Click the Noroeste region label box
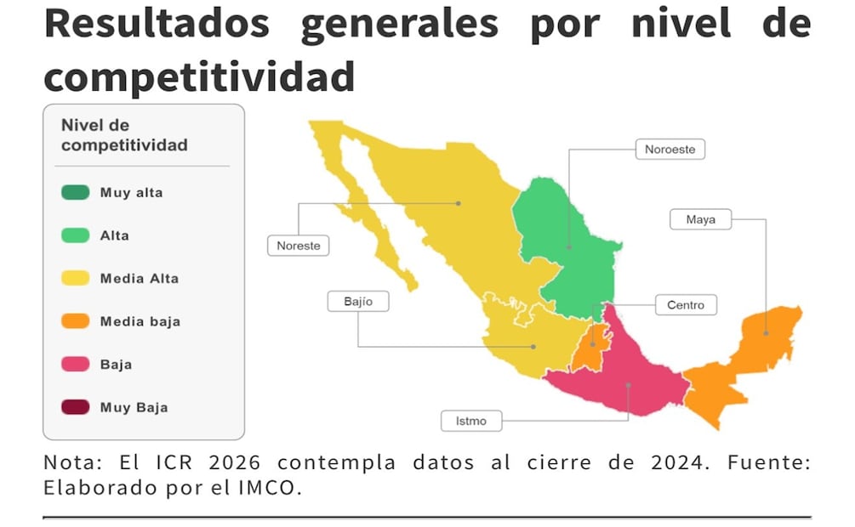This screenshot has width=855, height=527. point(670,150)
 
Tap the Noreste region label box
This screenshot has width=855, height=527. point(299,246)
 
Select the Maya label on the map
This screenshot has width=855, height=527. point(700,219)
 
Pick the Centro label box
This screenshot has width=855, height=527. point(685,304)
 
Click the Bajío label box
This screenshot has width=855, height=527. point(358,301)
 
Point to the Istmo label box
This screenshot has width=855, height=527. point(470,420)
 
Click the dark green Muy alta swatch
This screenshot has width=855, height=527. point(75,192)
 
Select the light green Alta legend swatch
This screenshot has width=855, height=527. point(75,235)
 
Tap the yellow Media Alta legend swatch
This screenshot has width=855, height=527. point(75,278)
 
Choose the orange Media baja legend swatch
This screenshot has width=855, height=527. point(75,321)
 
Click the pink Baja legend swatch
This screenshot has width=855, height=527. point(75,365)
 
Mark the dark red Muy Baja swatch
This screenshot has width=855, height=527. point(75,407)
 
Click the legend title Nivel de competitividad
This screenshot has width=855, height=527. point(124,135)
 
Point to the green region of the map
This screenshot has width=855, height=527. point(570,246)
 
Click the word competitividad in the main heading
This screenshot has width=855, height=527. point(199,76)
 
